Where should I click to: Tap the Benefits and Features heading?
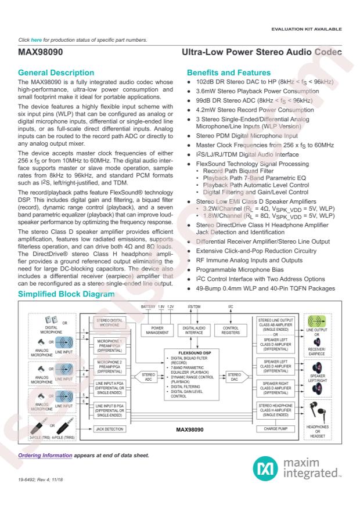pyautogui.click(x=227, y=74)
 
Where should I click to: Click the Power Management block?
pyautogui.click(x=154, y=330)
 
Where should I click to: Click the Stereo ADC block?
pyautogui.click(x=148, y=377)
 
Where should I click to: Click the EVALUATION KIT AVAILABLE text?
pyautogui.click(x=312, y=28)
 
